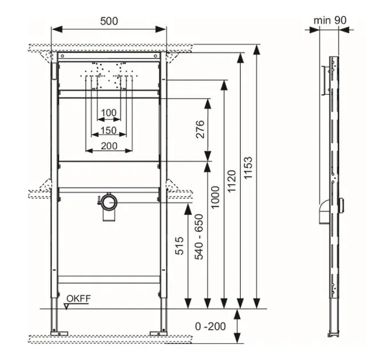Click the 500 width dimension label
click(x=109, y=21)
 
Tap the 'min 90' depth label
click(x=330, y=20)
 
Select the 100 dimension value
click(x=109, y=113)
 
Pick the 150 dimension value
click(x=109, y=130)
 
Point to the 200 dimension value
click(x=109, y=146)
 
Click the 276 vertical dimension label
click(x=200, y=129)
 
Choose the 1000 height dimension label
click(x=215, y=197)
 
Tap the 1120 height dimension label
click(x=232, y=181)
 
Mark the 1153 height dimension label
click(x=248, y=167)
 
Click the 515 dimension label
click(x=180, y=246)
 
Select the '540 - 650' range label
click(x=198, y=237)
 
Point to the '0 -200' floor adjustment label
click(x=210, y=326)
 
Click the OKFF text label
click(x=78, y=298)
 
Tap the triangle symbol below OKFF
click(x=66, y=306)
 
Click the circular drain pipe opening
click(x=109, y=202)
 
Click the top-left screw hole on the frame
click(x=62, y=56)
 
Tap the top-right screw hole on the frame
click(x=156, y=56)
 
